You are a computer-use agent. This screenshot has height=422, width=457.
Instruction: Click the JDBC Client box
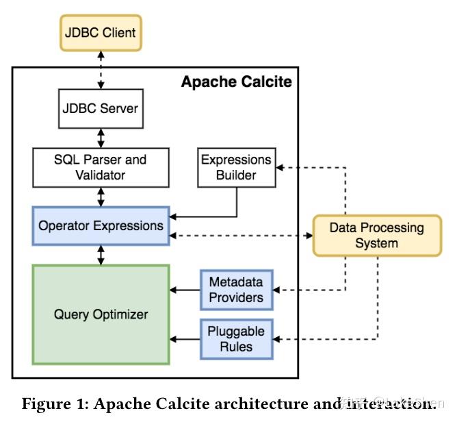pos(101,32)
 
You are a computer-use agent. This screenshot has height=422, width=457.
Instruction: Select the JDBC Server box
pos(101,108)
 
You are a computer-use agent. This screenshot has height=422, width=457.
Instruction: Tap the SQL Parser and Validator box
pos(101,166)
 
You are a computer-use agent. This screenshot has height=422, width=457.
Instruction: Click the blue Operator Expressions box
pos(101,226)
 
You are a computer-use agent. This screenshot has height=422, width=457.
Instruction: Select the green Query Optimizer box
pos(101,314)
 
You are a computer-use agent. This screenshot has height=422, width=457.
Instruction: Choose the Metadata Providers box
pos(236,290)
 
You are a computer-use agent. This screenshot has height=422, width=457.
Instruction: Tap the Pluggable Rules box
pos(236,338)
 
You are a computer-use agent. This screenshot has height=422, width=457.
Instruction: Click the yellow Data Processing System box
pos(376,236)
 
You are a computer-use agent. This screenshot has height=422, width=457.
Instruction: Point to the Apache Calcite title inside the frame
pos(236,82)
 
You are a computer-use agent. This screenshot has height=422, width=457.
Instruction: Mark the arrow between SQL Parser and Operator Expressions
pos(101,196)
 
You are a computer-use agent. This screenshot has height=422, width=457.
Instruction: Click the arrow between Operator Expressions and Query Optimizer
pos(101,255)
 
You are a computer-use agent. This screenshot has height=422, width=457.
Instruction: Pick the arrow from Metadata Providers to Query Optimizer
pos(185,290)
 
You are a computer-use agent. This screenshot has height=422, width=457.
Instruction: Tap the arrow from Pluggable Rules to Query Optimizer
pos(185,338)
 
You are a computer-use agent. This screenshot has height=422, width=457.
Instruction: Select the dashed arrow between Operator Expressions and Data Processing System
pos(239,236)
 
